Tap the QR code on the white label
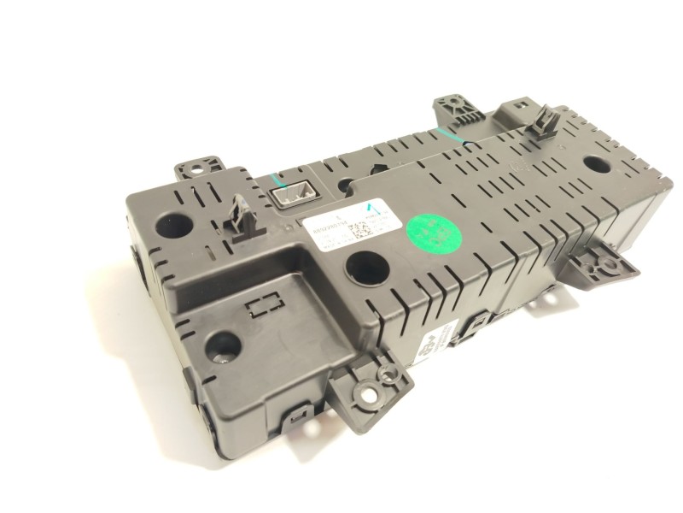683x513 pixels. coord(362,231)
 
